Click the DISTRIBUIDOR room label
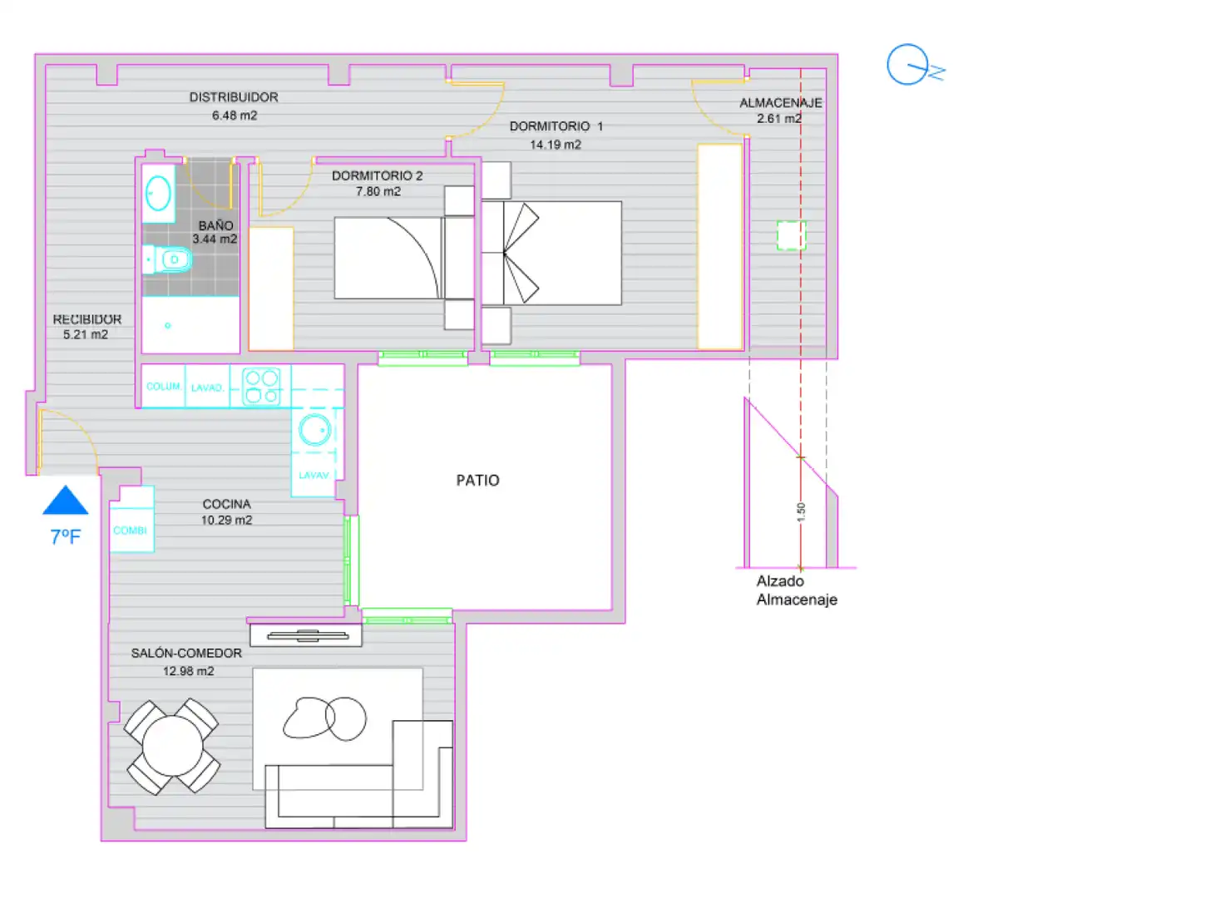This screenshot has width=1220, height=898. click(234, 97)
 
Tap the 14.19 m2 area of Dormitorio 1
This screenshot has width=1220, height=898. click(556, 145)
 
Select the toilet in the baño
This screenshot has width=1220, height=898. click(168, 259)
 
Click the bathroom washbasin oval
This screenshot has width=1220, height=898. click(158, 194)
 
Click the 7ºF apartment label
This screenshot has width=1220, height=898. click(66, 537)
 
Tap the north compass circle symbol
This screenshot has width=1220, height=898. click(907, 64)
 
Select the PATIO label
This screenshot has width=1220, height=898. click(477, 481)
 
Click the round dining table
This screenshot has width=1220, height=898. click(173, 746)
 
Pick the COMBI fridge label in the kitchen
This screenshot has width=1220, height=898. click(131, 530)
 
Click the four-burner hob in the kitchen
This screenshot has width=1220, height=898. click(261, 387)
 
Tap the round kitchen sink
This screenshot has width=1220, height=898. click(315, 430)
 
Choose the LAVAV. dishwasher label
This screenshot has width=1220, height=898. click(314, 476)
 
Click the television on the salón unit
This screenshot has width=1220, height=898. click(308, 635)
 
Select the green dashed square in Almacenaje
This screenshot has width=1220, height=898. click(792, 235)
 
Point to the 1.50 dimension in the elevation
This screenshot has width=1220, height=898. click(801, 512)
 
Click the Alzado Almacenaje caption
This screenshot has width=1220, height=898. click(797, 590)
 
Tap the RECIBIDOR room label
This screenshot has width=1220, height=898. click(87, 319)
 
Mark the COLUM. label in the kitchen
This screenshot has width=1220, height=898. click(164, 387)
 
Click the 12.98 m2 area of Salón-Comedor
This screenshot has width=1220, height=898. click(189, 672)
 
